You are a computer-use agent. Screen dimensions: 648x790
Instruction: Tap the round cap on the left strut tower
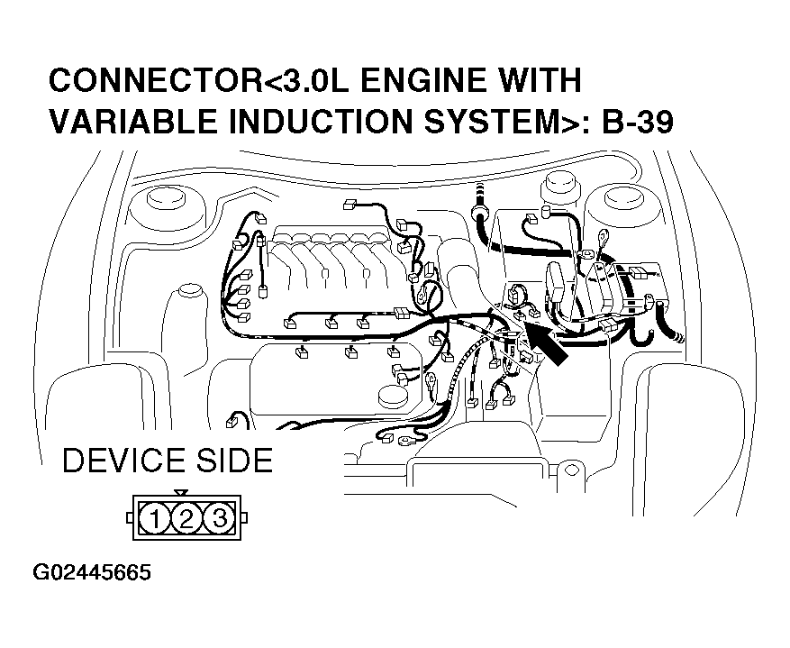165,200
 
